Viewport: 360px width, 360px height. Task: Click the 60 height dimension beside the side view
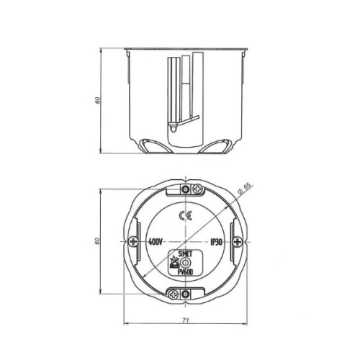[97, 100]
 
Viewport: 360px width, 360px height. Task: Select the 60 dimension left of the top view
[97, 241]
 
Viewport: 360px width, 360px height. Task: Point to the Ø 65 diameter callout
[244, 189]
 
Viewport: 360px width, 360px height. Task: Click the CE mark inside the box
[186, 216]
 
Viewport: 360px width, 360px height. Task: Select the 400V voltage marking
[156, 242]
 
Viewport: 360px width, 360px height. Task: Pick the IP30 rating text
[216, 242]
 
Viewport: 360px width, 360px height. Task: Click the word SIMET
[186, 254]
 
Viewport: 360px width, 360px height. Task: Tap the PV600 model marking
[185, 272]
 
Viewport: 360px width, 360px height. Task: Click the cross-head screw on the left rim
[132, 241]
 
